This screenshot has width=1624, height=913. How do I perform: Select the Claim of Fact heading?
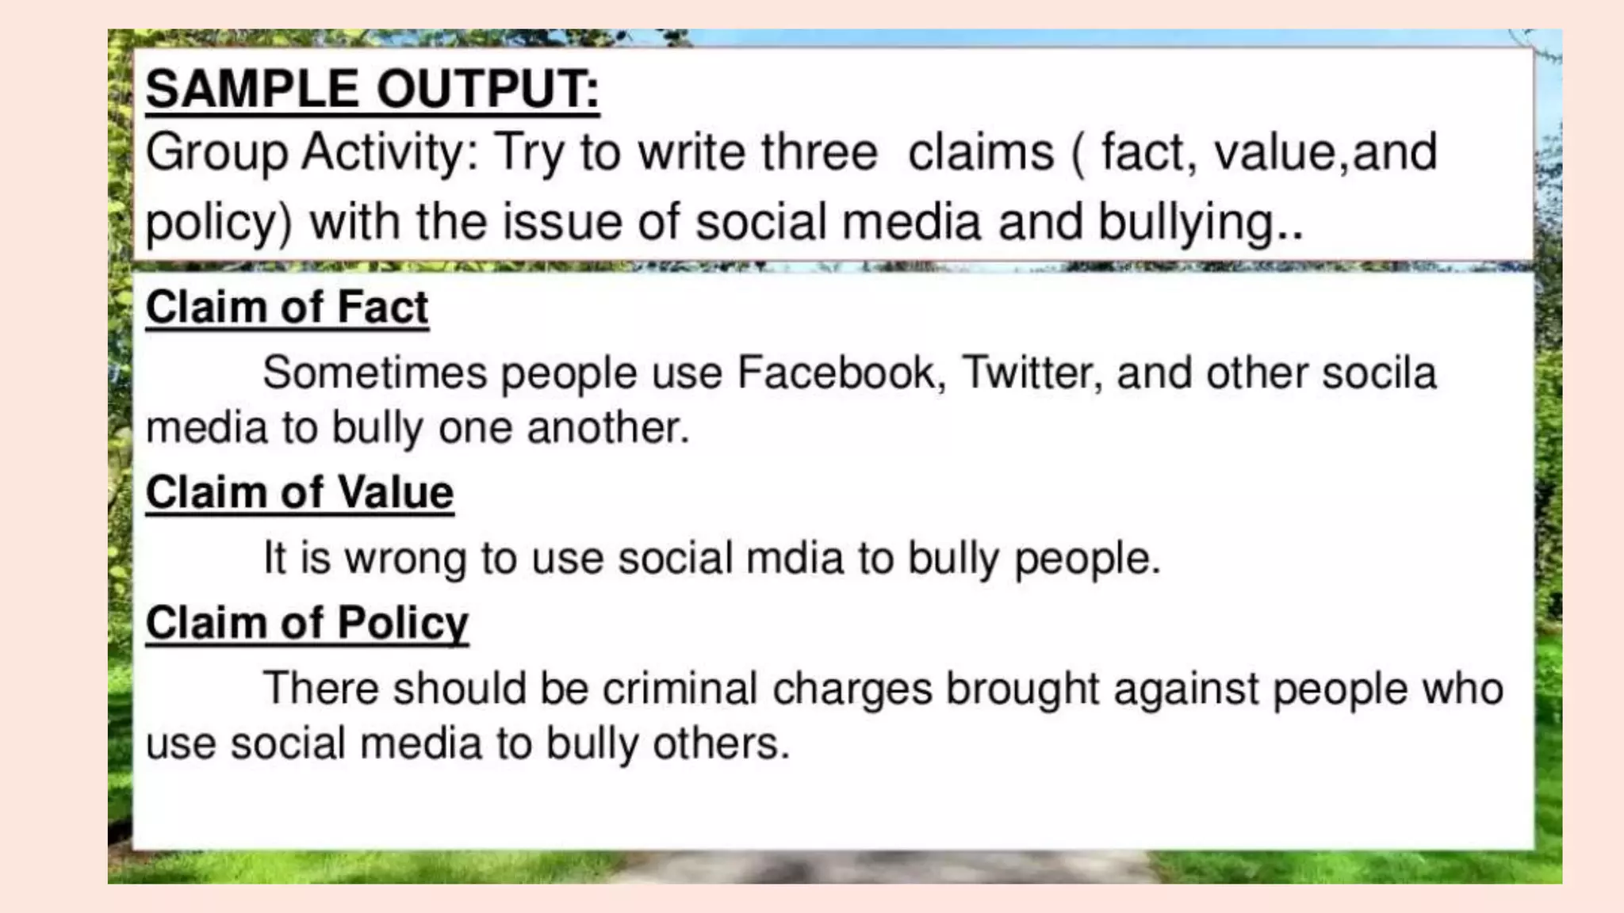click(287, 307)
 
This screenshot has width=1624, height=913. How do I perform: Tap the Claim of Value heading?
click(300, 492)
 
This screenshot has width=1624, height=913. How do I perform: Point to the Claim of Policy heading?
click(307, 622)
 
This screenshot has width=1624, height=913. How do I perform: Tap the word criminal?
click(680, 687)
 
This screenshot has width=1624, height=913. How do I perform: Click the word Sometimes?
click(374, 372)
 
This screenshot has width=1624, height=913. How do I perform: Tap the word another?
click(607, 428)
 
